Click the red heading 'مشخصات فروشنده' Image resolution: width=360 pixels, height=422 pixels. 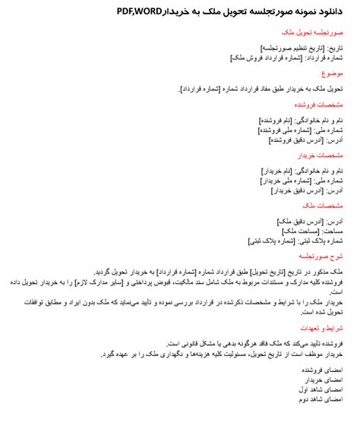click(319, 105)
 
